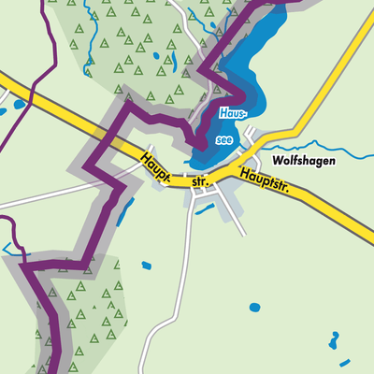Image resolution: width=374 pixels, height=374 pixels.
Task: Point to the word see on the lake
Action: click(224, 138)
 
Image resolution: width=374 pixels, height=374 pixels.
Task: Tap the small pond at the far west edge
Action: click(3, 112)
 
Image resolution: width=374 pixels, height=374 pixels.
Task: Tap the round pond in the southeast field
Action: click(254, 307)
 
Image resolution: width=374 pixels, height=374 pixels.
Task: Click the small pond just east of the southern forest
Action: click(147, 266)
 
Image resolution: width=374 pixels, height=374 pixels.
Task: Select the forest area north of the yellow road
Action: click(131, 56)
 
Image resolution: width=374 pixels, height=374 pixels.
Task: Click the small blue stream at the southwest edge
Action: click(11, 249)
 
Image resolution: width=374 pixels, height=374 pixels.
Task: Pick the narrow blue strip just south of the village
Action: click(204, 208)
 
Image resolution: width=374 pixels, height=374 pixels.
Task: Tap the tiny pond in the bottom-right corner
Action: click(345, 362)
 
